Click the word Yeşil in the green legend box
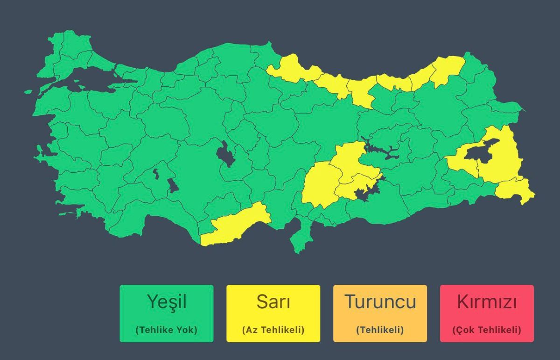[x=166, y=302]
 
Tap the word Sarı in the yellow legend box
[x=273, y=302]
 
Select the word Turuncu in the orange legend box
[x=380, y=302]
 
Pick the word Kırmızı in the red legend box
[x=487, y=302]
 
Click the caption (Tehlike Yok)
[x=166, y=330]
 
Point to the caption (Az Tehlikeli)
[x=273, y=330]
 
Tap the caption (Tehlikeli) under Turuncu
[x=380, y=330]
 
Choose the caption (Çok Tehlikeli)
[x=487, y=330]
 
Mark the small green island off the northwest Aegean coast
[x=28, y=92]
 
